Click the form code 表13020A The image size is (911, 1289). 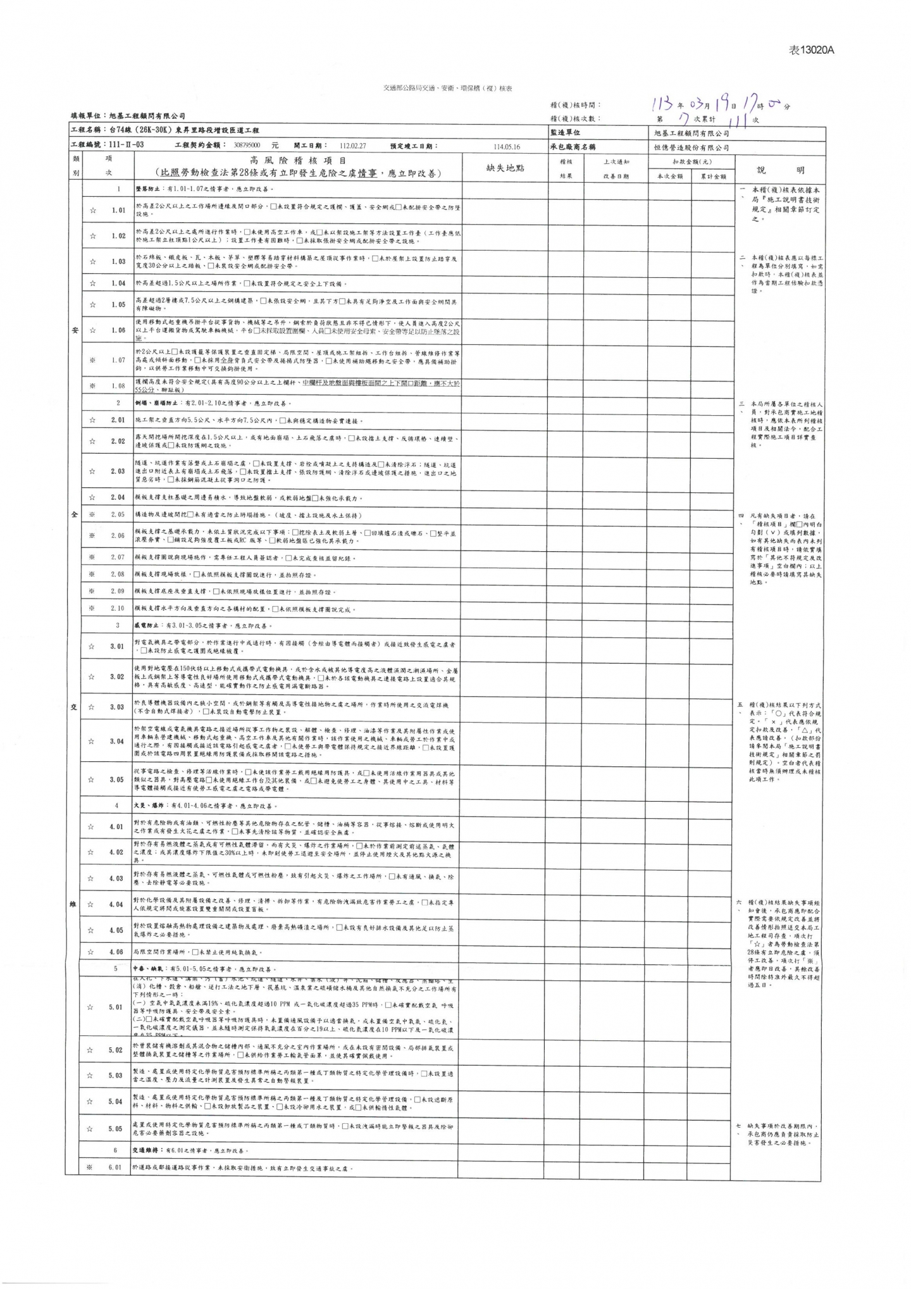pyautogui.click(x=812, y=51)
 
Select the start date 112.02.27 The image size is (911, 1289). pyautogui.click(x=353, y=146)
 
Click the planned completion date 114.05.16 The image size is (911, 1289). pyautogui.click(x=507, y=146)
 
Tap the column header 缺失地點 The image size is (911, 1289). pyautogui.click(x=505, y=168)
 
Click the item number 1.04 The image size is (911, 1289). pyautogui.click(x=118, y=283)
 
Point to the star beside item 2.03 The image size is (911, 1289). pyautogui.click(x=92, y=471)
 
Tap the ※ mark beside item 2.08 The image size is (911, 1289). pyautogui.click(x=92, y=575)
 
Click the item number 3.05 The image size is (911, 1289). pyautogui.click(x=118, y=779)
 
